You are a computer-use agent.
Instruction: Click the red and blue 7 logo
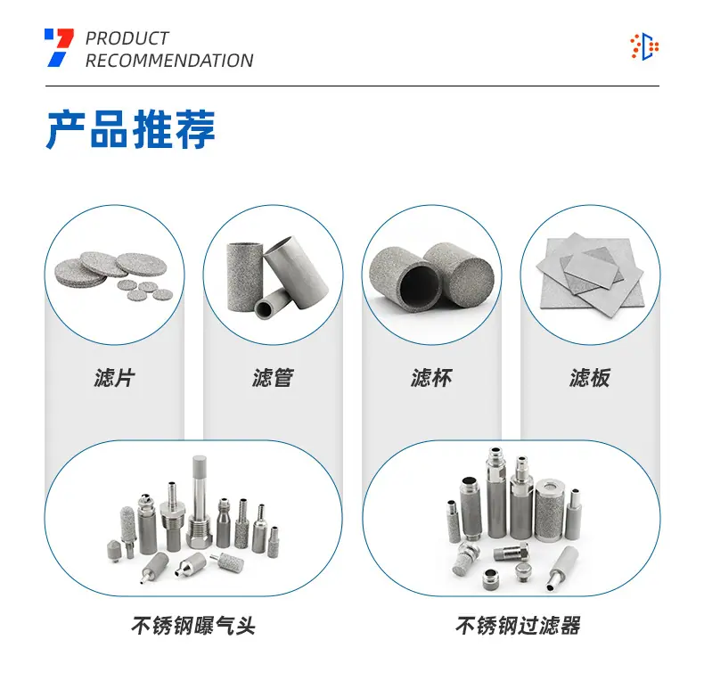(x=60, y=47)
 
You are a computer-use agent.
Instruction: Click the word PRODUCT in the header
(x=127, y=38)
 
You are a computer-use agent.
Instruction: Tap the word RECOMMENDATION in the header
(x=169, y=61)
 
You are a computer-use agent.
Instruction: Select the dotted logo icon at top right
(x=644, y=46)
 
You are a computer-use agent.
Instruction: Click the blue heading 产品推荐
(x=131, y=129)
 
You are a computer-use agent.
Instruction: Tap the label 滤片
(x=114, y=378)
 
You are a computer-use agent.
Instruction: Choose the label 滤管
(x=273, y=378)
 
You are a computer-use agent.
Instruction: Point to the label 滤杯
(x=431, y=378)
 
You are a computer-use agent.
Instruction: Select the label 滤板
(x=590, y=378)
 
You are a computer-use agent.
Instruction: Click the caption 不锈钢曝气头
(x=193, y=626)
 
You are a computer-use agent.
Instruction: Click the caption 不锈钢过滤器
(x=518, y=626)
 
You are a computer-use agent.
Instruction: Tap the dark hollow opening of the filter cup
(x=420, y=285)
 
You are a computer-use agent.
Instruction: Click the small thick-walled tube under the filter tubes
(x=272, y=303)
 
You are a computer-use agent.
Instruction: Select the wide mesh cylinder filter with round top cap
(x=549, y=510)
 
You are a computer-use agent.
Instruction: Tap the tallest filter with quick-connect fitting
(x=496, y=492)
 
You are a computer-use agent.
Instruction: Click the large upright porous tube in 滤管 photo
(x=245, y=276)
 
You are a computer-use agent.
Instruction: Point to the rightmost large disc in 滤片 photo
(x=142, y=264)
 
